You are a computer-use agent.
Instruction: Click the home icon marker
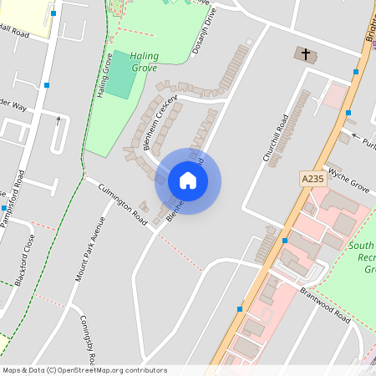coord(188,180)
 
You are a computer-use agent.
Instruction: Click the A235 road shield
coord(312,179)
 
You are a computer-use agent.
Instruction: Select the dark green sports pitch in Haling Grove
coord(122,76)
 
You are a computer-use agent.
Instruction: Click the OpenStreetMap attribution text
coord(84,370)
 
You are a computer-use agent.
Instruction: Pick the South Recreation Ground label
coord(364,258)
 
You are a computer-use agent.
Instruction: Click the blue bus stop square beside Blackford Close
coord(4,208)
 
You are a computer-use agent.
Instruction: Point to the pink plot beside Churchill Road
coord(336,97)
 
